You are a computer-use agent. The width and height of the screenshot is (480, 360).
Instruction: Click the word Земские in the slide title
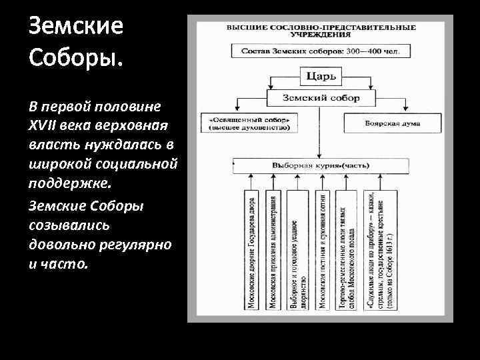tap(67, 27)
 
